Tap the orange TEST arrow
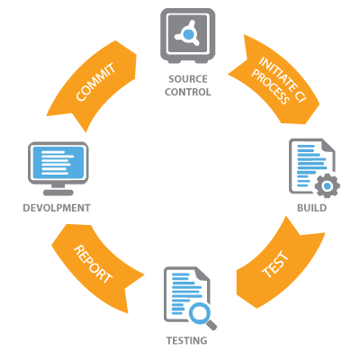pyautogui.click(x=274, y=266)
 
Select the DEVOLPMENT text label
pyautogui.click(x=58, y=208)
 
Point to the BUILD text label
pyautogui.click(x=311, y=208)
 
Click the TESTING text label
pyautogui.click(x=185, y=342)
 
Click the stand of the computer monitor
pyautogui.click(x=59, y=190)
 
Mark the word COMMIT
pyautogui.click(x=94, y=84)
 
